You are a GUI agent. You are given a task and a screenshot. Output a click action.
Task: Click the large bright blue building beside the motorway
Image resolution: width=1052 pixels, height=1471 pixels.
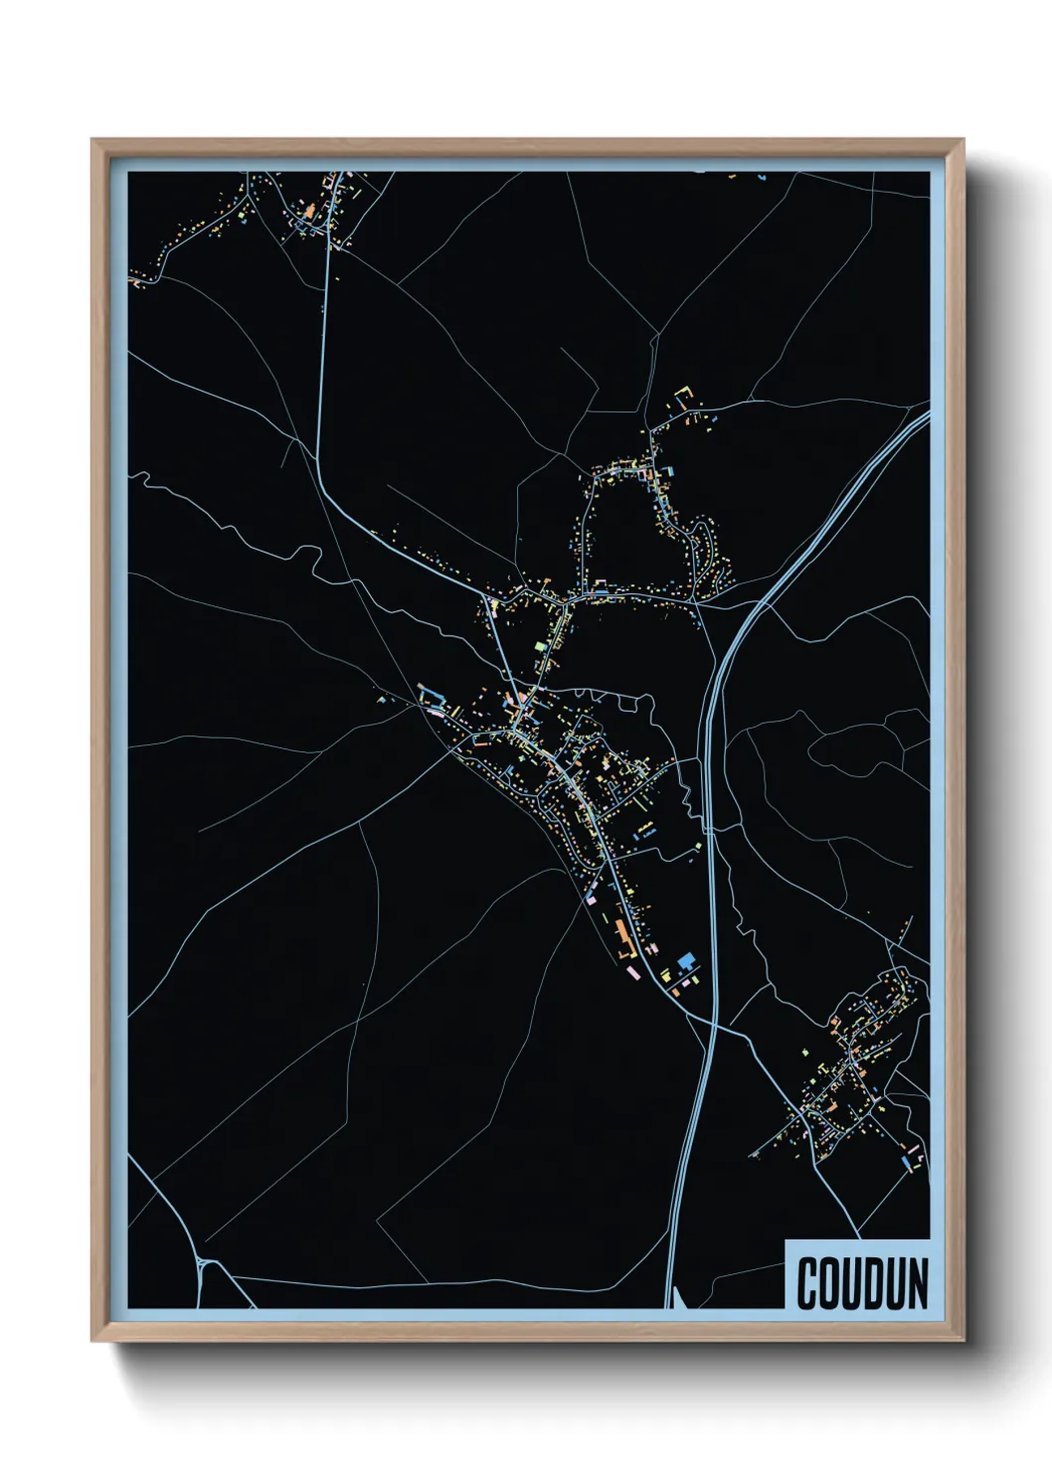[685, 960]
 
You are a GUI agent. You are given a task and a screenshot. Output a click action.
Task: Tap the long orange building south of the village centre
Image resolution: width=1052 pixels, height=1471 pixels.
[622, 933]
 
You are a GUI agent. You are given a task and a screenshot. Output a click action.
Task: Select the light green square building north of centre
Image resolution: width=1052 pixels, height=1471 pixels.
[541, 646]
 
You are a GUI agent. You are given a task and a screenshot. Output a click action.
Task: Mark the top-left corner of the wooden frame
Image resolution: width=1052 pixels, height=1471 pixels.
[93, 141]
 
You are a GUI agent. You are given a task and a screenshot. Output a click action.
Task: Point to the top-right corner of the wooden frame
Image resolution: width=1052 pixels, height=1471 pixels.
[963, 141]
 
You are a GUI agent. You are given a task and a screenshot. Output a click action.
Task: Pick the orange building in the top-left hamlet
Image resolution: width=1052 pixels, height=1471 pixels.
[309, 212]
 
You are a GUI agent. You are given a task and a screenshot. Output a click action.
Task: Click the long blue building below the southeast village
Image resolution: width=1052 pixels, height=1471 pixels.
[906, 1160]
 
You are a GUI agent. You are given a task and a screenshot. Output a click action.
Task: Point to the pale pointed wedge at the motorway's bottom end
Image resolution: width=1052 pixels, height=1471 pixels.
[677, 1298]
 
